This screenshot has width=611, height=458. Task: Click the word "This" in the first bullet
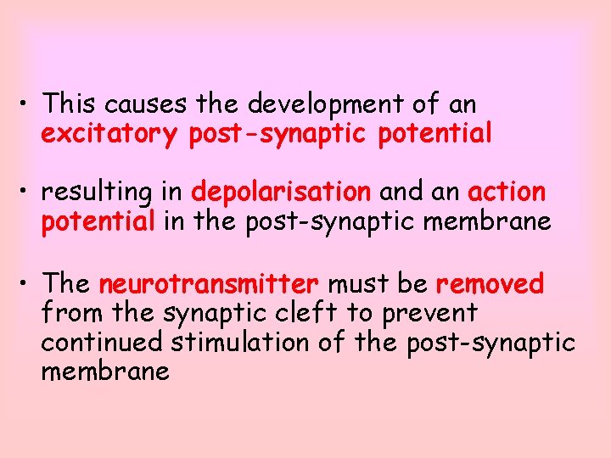(65, 104)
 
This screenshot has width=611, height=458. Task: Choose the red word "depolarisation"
(282, 193)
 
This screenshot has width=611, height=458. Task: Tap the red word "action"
(507, 193)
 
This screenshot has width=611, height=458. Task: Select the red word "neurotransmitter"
(209, 282)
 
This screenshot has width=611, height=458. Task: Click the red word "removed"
(490, 282)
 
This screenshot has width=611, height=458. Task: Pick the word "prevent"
(429, 312)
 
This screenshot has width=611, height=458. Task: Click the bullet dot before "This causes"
(26, 105)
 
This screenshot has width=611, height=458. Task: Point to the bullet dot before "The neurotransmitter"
(26, 283)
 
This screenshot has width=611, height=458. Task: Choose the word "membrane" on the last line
(105, 371)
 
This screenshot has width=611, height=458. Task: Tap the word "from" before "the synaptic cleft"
(65, 312)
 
